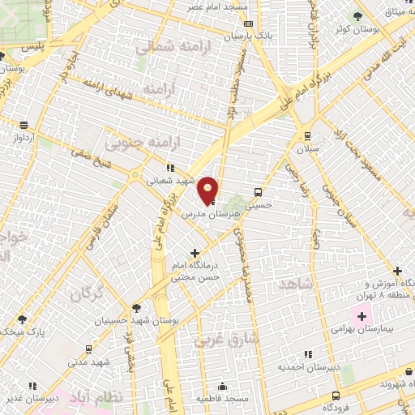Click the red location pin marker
pos(208,190)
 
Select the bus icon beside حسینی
pos(258,193)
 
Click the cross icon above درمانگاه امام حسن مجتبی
pos(195,253)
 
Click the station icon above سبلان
pos(307,135)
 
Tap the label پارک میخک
pos(25,332)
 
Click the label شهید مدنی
pos(88,362)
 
